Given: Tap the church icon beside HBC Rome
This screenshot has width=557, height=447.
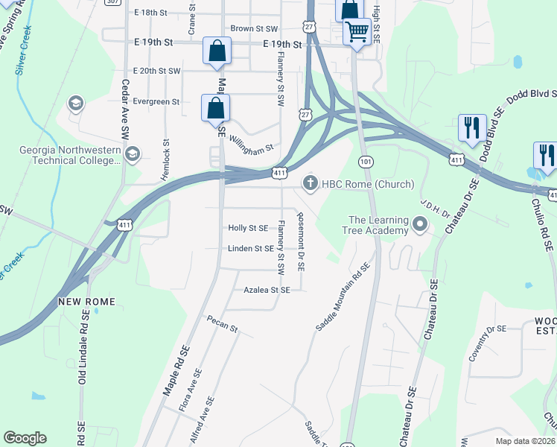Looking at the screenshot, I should tap(311, 183).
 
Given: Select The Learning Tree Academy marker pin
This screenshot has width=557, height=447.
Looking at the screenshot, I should tap(420, 224).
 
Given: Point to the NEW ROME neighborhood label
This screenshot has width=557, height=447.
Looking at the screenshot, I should tap(84, 302).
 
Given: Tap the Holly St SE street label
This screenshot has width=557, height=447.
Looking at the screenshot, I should tap(248, 228).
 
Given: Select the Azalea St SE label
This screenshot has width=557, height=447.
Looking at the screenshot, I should tap(267, 290).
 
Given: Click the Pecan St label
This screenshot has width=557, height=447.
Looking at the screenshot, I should tap(223, 327).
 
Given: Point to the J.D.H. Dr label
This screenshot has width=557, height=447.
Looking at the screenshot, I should tap(434, 206).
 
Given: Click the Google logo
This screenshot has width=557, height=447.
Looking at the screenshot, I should tap(25, 438).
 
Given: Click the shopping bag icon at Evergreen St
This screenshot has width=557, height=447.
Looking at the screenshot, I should tap(215, 108).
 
